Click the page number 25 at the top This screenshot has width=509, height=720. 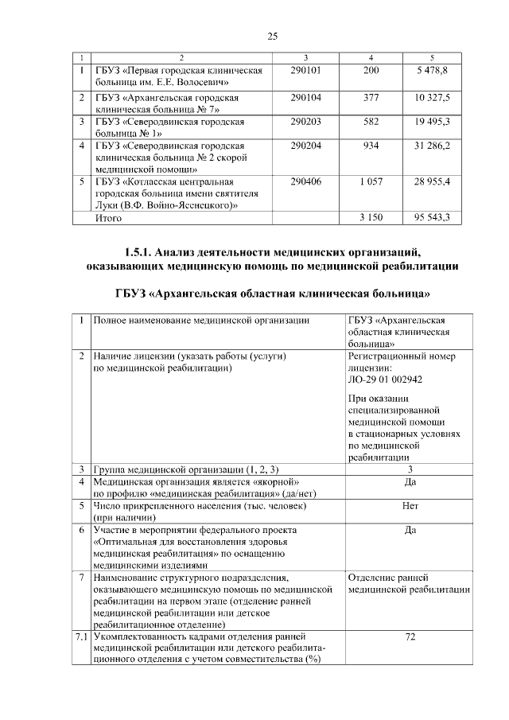(x=272, y=37)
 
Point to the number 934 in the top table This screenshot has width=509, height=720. (x=371, y=146)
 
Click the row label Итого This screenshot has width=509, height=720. (x=108, y=216)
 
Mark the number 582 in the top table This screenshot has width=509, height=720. (x=371, y=123)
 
